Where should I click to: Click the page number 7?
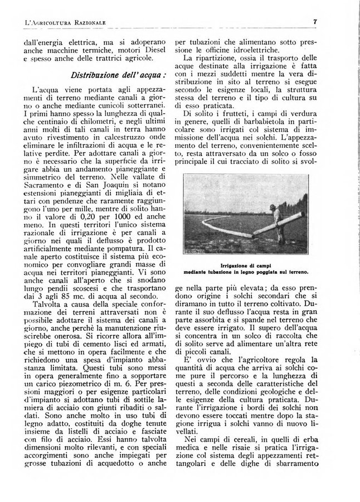[315, 22]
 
